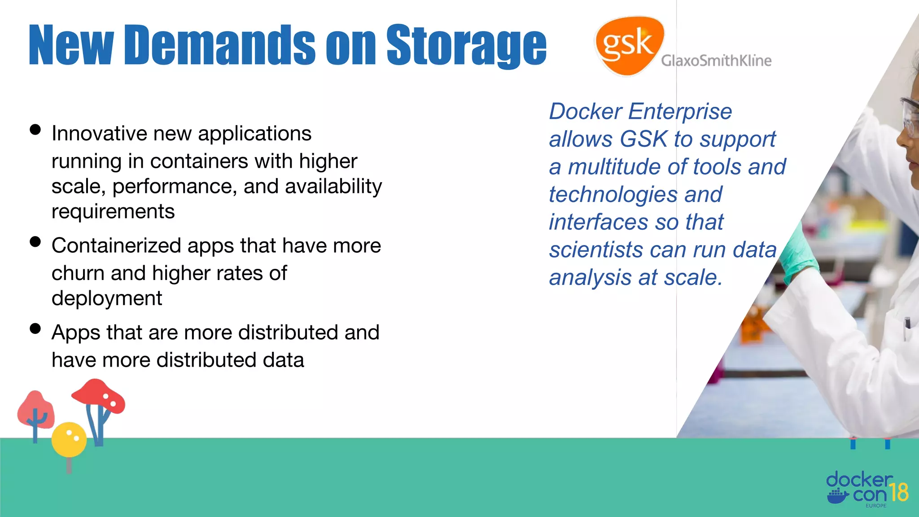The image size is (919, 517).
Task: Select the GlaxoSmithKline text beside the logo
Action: pyautogui.click(x=716, y=61)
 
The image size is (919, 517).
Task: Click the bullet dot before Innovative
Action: pyautogui.click(x=35, y=130)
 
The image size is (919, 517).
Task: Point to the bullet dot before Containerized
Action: pyautogui.click(x=35, y=242)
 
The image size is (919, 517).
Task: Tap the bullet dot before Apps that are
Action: pyautogui.click(x=35, y=329)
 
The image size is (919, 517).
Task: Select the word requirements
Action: pyautogui.click(x=113, y=211)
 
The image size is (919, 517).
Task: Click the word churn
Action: pyautogui.click(x=77, y=273)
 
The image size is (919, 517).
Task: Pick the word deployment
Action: pyautogui.click(x=106, y=298)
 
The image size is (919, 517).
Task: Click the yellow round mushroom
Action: pyautogui.click(x=69, y=439)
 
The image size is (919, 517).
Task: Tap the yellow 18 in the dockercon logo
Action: pyautogui.click(x=899, y=492)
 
